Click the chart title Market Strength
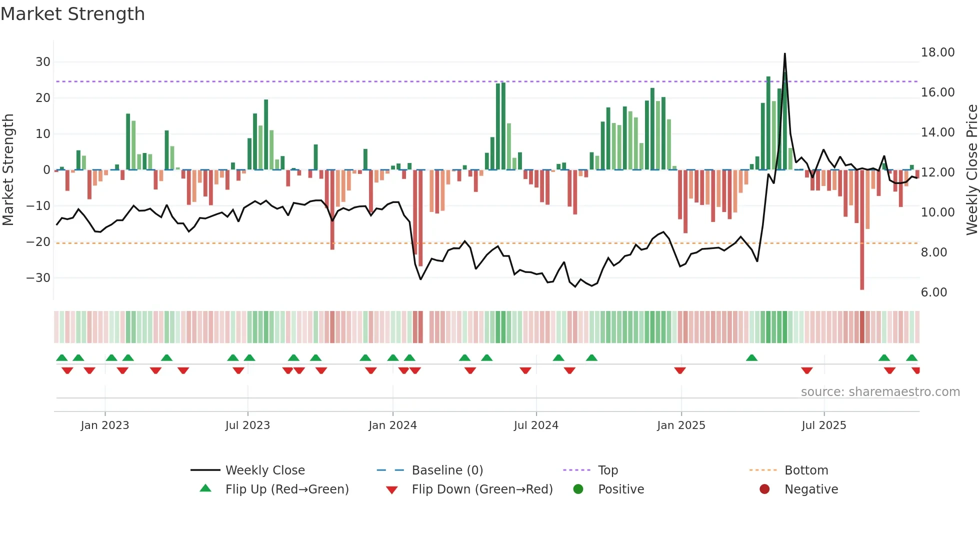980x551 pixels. [72, 14]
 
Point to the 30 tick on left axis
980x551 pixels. [43, 62]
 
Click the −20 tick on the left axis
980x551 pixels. [38, 242]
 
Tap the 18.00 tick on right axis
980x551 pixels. [937, 52]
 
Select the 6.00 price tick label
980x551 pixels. [933, 292]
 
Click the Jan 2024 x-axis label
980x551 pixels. [392, 425]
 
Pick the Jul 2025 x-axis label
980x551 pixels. [823, 425]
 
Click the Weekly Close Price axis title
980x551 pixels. [971, 170]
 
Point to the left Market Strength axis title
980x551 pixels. [8, 170]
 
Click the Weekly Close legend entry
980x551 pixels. [265, 470]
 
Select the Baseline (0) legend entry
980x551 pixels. [447, 470]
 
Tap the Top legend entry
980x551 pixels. [608, 470]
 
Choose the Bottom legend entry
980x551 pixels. [806, 470]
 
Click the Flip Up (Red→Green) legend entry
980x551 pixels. [287, 489]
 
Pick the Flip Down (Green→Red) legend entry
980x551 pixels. [482, 489]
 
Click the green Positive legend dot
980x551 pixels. [578, 489]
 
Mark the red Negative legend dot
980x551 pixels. [764, 489]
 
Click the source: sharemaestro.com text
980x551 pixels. [880, 392]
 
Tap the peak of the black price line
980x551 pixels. [784, 54]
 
